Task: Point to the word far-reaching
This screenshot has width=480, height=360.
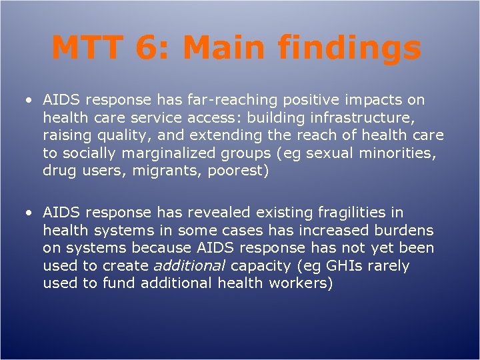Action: (x=235, y=100)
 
